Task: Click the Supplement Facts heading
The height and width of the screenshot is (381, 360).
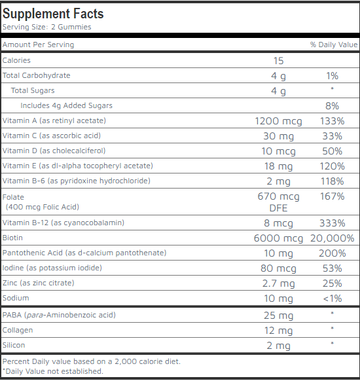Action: pyautogui.click(x=53, y=14)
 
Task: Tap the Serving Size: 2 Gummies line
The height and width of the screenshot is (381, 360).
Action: pyautogui.click(x=46, y=27)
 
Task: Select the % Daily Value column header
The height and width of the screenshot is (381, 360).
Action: pyautogui.click(x=334, y=45)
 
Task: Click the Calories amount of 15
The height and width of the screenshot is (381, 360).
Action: pyautogui.click(x=278, y=61)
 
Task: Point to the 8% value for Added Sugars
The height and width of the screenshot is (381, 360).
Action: pyautogui.click(x=332, y=106)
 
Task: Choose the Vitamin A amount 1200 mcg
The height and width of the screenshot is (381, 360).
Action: pyautogui.click(x=278, y=121)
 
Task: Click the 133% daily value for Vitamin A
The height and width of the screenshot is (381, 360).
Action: pyautogui.click(x=332, y=121)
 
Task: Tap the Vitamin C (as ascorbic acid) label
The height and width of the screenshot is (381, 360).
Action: pyautogui.click(x=52, y=136)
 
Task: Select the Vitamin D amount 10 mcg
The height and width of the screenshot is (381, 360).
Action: pyautogui.click(x=278, y=151)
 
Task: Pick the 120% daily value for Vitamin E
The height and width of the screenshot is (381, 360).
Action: pyautogui.click(x=332, y=166)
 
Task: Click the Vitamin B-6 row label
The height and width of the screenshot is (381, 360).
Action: pyautogui.click(x=77, y=181)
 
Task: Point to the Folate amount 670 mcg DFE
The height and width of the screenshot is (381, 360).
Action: pyautogui.click(x=278, y=202)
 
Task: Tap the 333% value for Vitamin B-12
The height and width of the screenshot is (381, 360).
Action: pyautogui.click(x=332, y=223)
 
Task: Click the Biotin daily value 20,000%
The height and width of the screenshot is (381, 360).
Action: pyautogui.click(x=332, y=238)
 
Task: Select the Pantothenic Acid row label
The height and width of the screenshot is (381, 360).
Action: pyautogui.click(x=84, y=253)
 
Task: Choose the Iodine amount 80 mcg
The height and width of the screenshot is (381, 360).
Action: pyautogui.click(x=278, y=268)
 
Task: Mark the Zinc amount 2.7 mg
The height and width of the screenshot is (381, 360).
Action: pyautogui.click(x=278, y=283)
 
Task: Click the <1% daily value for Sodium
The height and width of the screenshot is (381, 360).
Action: pyautogui.click(x=332, y=299)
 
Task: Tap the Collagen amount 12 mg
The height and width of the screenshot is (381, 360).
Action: pyautogui.click(x=278, y=331)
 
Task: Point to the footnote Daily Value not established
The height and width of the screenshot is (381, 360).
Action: pyautogui.click(x=53, y=371)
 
